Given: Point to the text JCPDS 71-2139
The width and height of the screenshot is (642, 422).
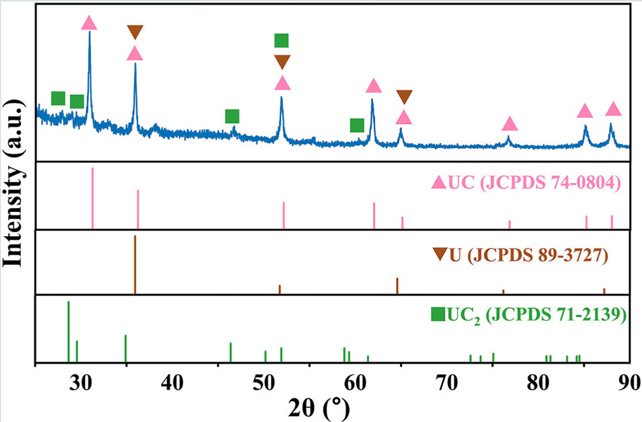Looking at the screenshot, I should click(x=557, y=314).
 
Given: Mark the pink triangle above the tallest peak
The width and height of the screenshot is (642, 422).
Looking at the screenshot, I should click(x=89, y=23).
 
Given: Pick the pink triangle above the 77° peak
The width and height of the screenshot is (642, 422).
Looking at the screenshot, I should click(x=510, y=124).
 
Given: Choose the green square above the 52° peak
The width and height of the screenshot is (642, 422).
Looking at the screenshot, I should click(x=282, y=40).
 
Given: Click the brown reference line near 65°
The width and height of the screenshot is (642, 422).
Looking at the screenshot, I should click(x=397, y=285).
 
